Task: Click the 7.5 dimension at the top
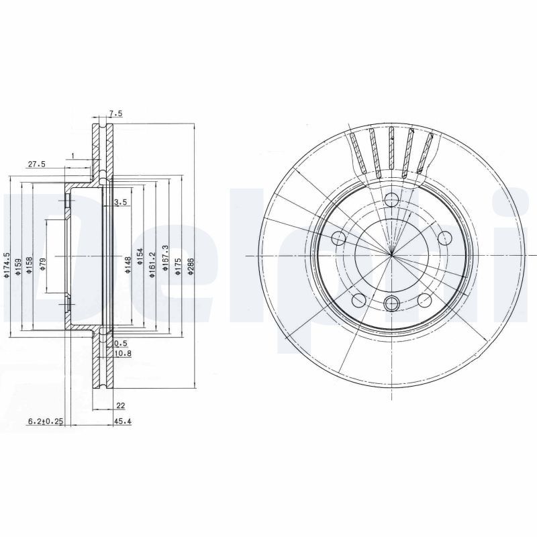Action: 115,114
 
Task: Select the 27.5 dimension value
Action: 36,164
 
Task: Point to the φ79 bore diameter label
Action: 42,263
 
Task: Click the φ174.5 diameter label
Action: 7,264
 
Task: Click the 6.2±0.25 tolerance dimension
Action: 45,422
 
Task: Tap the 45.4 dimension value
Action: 122,422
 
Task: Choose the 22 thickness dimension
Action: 121,404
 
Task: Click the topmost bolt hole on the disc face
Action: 391,200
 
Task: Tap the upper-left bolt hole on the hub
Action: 340,238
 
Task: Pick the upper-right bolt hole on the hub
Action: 444,238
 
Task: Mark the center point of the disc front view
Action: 391,255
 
